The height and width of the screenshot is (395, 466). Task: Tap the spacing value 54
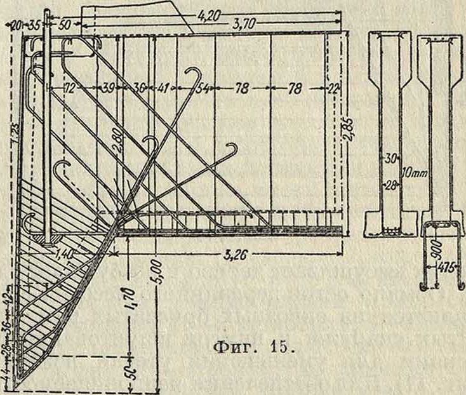pyautogui.click(x=202, y=90)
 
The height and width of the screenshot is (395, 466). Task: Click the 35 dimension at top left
pyautogui.click(x=35, y=25)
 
